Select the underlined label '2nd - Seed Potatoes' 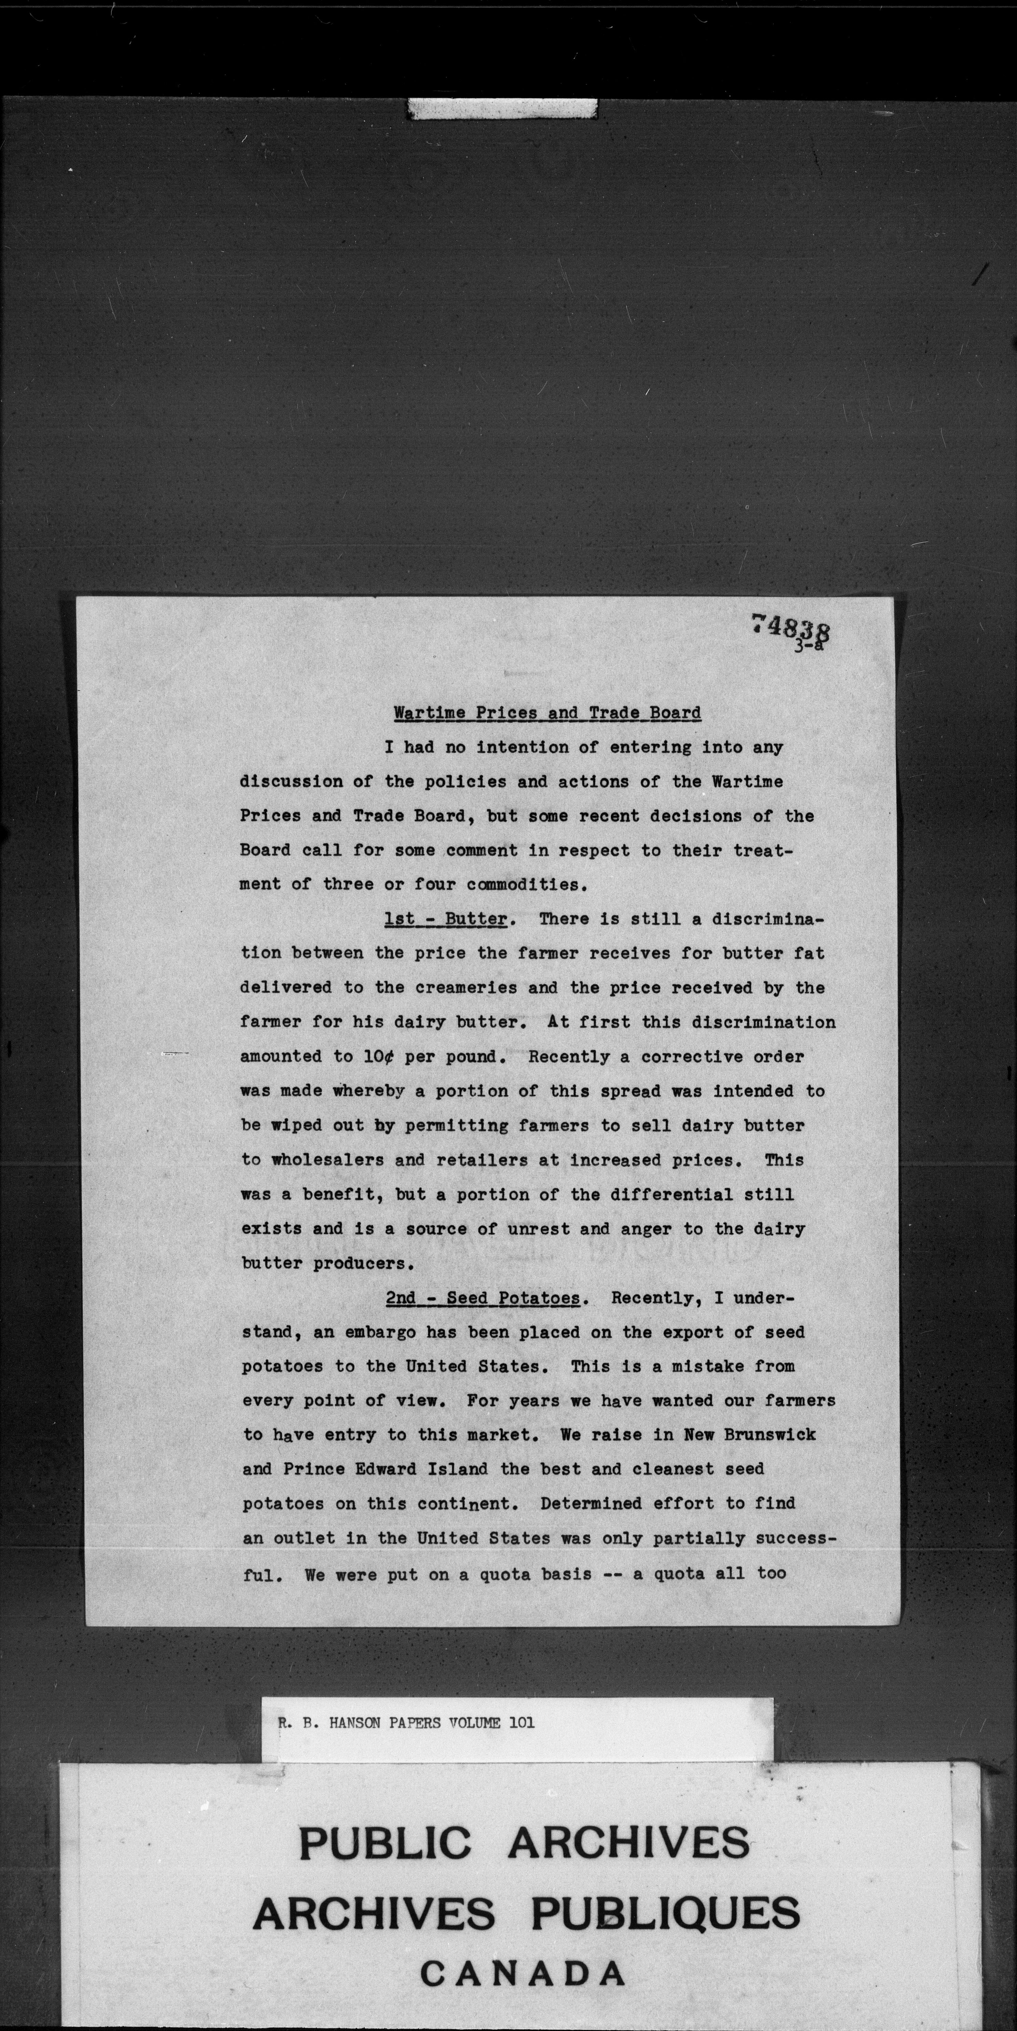[483, 1298]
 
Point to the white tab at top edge [502, 108]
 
